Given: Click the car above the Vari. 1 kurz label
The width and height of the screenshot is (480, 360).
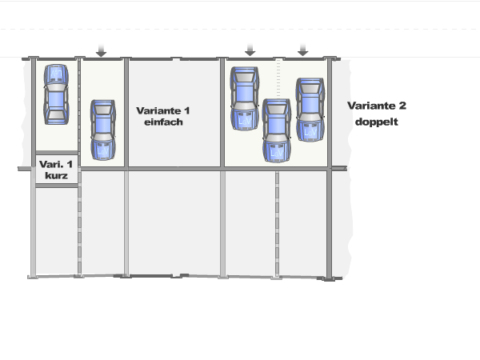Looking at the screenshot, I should (x=55, y=93).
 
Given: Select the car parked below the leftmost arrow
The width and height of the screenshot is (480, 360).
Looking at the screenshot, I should (x=102, y=130).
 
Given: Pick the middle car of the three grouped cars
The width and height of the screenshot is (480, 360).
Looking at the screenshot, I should (x=276, y=130).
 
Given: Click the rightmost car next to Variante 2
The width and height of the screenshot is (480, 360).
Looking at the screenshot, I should (x=309, y=110).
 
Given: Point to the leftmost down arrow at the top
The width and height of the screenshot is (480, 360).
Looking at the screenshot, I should (x=101, y=50).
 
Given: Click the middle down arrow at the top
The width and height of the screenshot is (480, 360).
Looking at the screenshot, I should (x=250, y=49).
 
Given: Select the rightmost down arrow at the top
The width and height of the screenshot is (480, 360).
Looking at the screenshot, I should (x=302, y=49).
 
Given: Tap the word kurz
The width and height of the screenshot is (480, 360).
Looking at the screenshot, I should (x=57, y=175).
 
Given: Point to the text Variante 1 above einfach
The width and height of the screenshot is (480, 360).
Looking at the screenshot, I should (x=164, y=110).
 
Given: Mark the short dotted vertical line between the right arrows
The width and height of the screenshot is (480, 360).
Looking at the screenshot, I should (x=277, y=78).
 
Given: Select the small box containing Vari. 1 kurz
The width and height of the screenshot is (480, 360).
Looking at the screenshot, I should (x=57, y=170).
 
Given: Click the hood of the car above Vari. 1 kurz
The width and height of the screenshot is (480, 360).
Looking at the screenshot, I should (x=55, y=74).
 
